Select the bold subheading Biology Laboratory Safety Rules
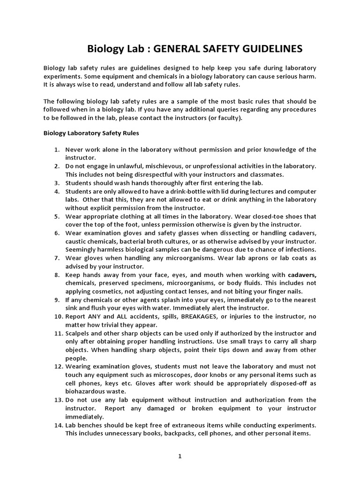tap(91, 133)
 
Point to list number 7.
tap(57, 258)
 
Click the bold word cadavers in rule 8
tap(302, 275)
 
